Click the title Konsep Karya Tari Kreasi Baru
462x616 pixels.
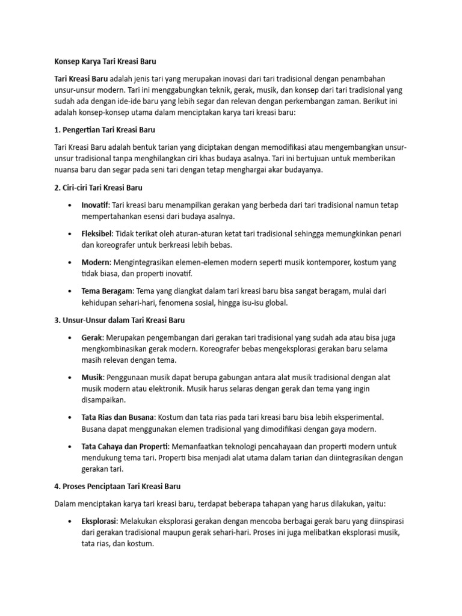(105, 61)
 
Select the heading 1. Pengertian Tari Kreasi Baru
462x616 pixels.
(105, 129)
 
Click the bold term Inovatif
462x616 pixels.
(95, 205)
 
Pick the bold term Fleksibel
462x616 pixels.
(96, 233)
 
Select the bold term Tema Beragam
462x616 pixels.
(106, 291)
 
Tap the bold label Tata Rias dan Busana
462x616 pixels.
(118, 417)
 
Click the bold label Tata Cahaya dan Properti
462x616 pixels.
(125, 446)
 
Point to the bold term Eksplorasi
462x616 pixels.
(99, 521)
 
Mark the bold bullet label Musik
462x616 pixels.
(92, 377)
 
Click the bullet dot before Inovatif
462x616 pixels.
(71, 206)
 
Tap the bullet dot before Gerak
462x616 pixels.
(71, 337)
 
